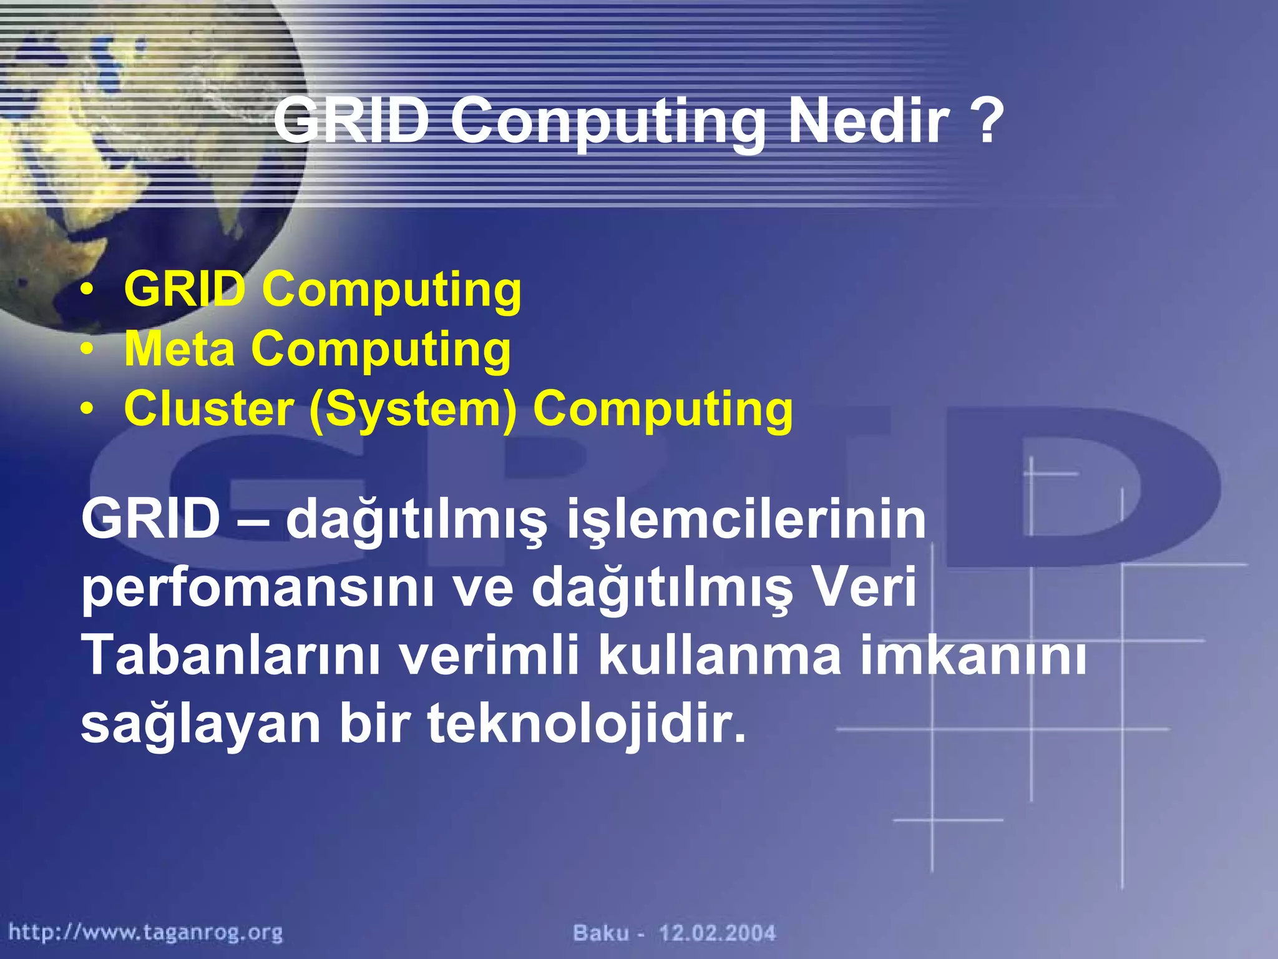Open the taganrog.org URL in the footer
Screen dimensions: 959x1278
coord(145,933)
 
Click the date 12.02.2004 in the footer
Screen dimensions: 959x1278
coord(718,933)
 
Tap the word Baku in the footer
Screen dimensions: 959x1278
coord(601,933)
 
